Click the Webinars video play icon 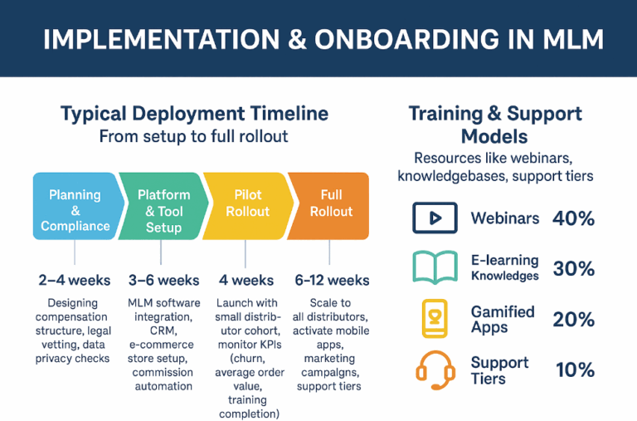click(x=435, y=218)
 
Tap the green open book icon click(x=435, y=268)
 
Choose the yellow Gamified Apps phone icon click(x=435, y=319)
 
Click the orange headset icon click(x=435, y=369)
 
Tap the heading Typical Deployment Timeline click(x=194, y=114)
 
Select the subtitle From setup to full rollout click(x=193, y=136)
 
